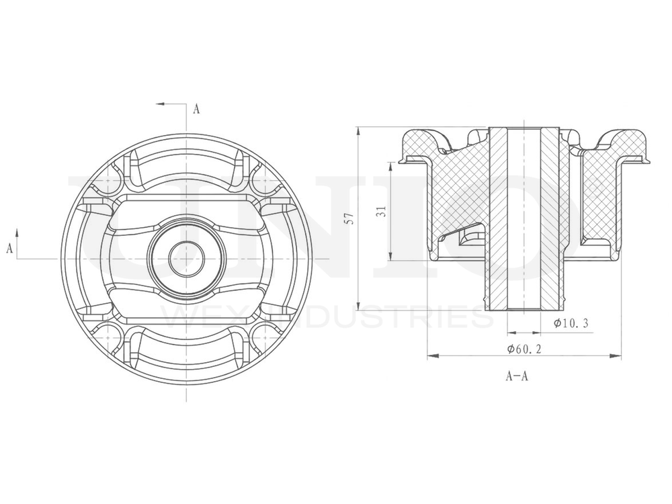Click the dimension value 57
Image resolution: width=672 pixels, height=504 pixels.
[x=347, y=218]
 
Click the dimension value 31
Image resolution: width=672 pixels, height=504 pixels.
[x=380, y=211]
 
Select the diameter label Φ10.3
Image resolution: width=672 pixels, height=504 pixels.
[x=572, y=324]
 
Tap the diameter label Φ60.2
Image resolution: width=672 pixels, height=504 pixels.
[x=526, y=349]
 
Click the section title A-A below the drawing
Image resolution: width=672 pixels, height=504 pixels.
[x=517, y=376]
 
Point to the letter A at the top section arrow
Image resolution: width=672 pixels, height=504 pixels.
[x=196, y=109]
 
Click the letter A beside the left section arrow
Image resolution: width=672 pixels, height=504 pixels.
[x=9, y=248]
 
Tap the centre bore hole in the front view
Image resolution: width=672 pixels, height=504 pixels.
[x=186, y=259]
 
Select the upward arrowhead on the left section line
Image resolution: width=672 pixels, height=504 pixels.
[x=17, y=234]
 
